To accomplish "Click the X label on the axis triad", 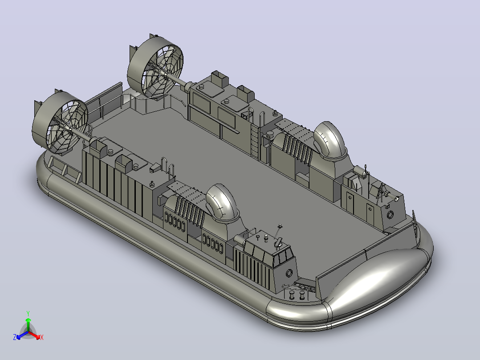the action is pyautogui.click(x=42, y=337).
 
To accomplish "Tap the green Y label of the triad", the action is pyautogui.click(x=28, y=313).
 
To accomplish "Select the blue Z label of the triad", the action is pyautogui.click(x=15, y=337).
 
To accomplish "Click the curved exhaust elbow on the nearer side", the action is pyautogui.click(x=222, y=202).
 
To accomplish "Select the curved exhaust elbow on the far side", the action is pyautogui.click(x=330, y=139).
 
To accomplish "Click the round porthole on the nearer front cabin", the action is pyautogui.click(x=289, y=273).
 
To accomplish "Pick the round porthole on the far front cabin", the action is pyautogui.click(x=390, y=215).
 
